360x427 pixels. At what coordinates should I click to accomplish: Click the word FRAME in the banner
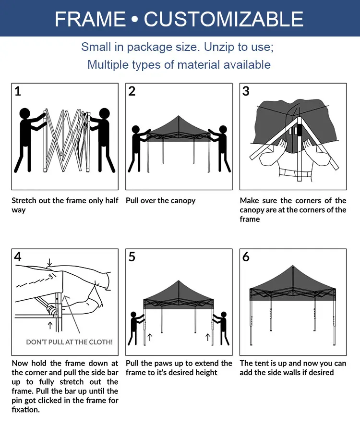click(x=90, y=19)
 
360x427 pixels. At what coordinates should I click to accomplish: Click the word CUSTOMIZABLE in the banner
click(x=223, y=19)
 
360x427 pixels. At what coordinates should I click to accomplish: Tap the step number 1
click(x=18, y=91)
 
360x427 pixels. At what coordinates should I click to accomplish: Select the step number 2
click(x=132, y=91)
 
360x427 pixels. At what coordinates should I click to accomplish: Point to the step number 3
click(x=246, y=91)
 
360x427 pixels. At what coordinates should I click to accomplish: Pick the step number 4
click(x=18, y=256)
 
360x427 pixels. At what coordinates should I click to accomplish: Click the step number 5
click(x=132, y=256)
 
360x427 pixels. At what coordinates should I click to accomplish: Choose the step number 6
click(x=246, y=256)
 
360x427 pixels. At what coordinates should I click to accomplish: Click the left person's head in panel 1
click(x=25, y=113)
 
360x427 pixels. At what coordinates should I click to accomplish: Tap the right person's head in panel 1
click(x=105, y=113)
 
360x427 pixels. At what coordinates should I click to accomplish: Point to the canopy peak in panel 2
click(x=179, y=116)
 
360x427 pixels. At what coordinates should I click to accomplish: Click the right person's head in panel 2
click(x=223, y=129)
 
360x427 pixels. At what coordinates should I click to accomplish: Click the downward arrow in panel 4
click(x=49, y=263)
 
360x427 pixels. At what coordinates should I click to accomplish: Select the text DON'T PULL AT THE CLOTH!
click(x=70, y=342)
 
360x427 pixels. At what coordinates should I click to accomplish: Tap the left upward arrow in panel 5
click(x=150, y=337)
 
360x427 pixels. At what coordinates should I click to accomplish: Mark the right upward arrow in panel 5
click(x=208, y=337)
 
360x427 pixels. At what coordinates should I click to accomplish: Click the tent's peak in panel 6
click(x=293, y=266)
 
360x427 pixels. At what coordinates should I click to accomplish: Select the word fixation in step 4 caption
click(x=25, y=410)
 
